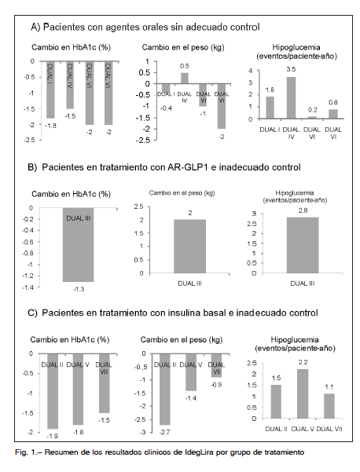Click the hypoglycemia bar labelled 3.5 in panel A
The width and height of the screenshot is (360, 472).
292,98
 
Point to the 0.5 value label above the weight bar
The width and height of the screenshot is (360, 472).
185,66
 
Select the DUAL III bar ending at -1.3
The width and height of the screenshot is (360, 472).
79,245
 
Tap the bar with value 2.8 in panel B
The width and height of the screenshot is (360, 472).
303,245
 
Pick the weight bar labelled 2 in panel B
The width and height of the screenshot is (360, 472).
189,247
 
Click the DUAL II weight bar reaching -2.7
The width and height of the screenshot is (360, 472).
165,390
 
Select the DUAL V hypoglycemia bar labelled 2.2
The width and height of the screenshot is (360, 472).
303,393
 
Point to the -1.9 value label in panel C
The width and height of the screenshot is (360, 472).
53,436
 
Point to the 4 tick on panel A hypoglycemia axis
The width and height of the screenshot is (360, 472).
250,71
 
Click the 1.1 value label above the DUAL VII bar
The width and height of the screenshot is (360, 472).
329,387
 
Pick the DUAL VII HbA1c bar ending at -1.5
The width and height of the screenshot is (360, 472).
105,383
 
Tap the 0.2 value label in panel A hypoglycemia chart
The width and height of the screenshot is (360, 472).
313,110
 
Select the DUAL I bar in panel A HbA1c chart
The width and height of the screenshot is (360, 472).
50,90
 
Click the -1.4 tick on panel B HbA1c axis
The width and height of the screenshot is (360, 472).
28,287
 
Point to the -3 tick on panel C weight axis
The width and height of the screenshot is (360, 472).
143,432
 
